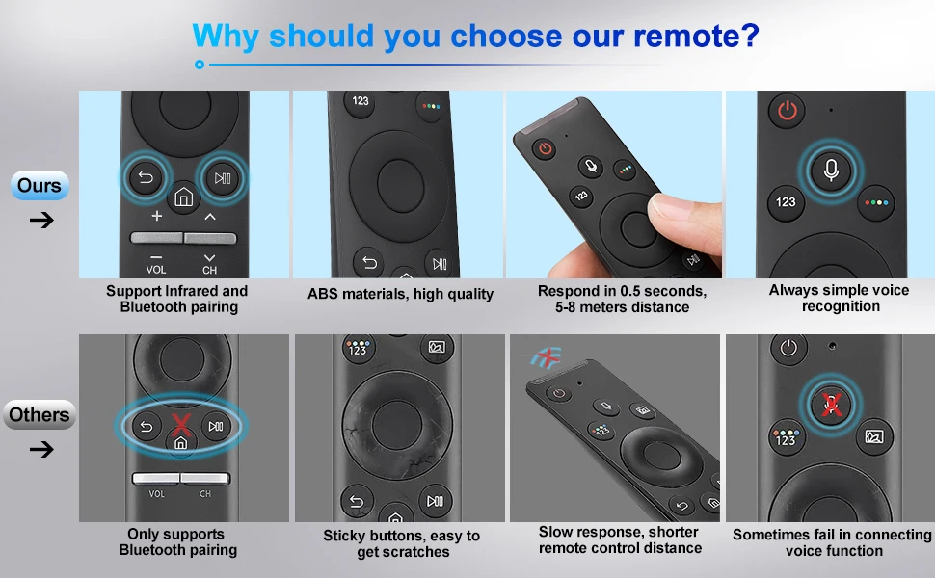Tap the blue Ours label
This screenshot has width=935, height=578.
pos(40,185)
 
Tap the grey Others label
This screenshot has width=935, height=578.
pos(40,415)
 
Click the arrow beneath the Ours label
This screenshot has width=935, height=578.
pos(41,221)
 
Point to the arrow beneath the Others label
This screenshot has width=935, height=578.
pos(41,449)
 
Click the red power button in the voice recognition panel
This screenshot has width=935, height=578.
pos(788,110)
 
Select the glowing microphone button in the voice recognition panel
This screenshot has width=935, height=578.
pos(831,171)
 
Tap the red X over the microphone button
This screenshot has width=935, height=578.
pos(831,405)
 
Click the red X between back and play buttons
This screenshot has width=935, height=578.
pos(181,424)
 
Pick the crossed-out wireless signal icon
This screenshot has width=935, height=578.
pos(547,357)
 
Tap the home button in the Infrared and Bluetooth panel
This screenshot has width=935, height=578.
pos(184,197)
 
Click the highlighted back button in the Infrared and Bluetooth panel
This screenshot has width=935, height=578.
pos(146,177)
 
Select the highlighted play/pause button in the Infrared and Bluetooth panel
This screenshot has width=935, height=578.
pos(223,177)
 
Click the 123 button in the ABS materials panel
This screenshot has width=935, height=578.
pos(361,101)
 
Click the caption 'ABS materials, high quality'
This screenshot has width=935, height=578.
pos(400,294)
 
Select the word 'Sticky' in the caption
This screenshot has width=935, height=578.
pos(343,536)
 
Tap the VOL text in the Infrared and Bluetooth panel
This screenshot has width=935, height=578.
pos(156,270)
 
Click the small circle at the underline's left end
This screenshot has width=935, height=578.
pos(200,65)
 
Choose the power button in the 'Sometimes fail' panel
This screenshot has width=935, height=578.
pos(788,348)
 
